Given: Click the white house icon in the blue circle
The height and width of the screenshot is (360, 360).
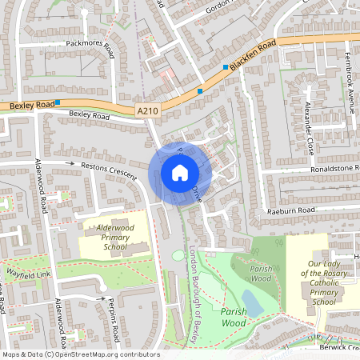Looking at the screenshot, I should pos(179,173).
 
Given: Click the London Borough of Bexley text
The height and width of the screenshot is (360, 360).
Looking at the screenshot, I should pos(193,295).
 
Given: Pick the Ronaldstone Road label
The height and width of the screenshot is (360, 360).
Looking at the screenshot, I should pos(324,170).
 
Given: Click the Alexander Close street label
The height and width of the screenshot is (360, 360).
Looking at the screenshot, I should pos(308,127).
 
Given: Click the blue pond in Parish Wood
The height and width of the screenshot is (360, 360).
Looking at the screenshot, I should pos(251,303).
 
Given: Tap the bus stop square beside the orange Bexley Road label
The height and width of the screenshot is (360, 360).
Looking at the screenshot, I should pos(58,103).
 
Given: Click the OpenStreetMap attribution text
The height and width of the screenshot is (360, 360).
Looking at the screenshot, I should pos(80,354).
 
